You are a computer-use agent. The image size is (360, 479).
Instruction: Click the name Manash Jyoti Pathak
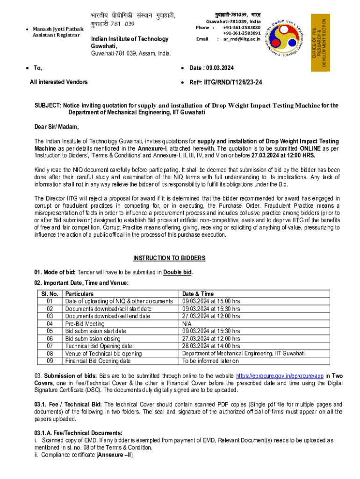point(58,29)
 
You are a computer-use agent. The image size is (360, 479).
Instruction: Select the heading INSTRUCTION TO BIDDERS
point(169,258)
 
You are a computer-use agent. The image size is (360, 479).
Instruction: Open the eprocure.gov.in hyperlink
point(280,376)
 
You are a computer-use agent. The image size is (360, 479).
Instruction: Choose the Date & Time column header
point(198,294)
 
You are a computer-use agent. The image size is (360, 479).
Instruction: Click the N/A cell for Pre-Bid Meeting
point(187,324)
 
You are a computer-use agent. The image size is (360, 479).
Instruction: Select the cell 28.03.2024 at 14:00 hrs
point(211,346)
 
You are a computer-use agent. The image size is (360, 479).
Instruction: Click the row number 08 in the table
point(50,353)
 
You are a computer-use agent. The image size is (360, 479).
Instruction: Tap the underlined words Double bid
point(178,272)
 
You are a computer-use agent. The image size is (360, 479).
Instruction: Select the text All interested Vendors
point(58,82)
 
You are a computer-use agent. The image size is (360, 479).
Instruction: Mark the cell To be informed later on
point(210,361)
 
